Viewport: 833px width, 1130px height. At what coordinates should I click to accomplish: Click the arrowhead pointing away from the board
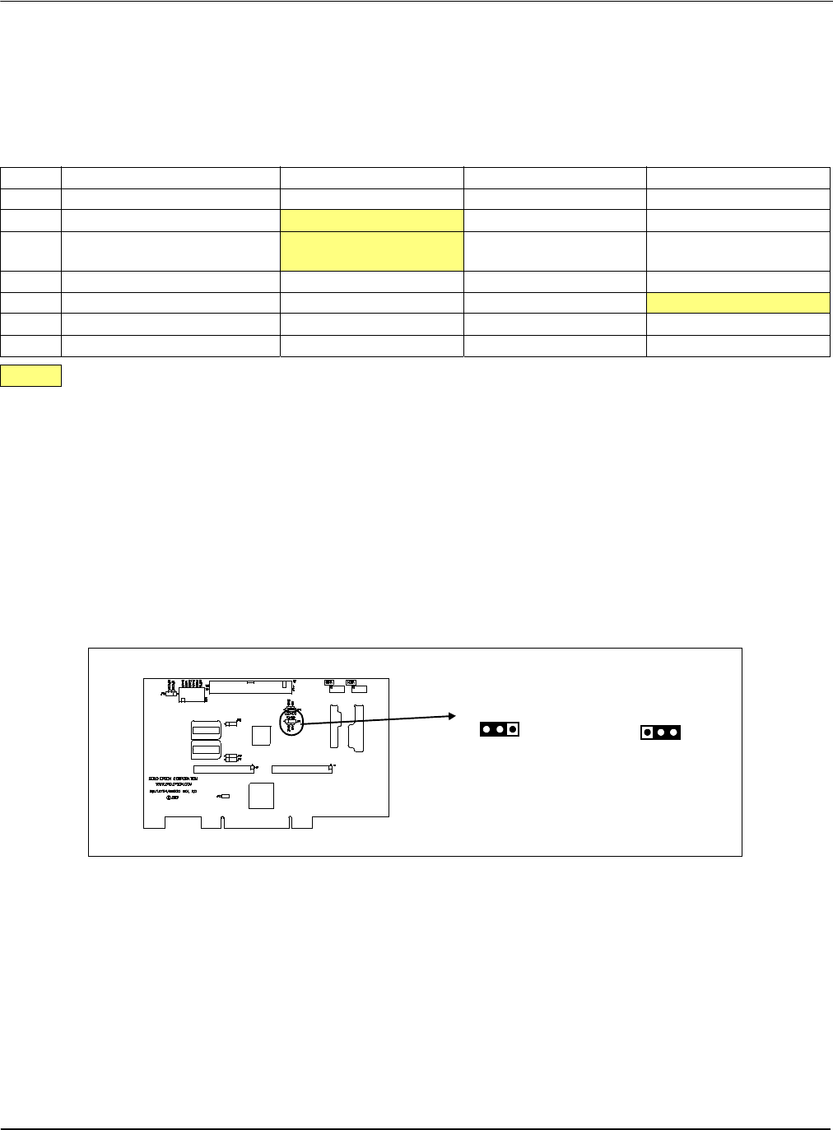(452, 716)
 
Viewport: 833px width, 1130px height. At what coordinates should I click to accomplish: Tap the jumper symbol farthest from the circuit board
(660, 732)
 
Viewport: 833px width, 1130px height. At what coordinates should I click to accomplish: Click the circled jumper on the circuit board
(291, 723)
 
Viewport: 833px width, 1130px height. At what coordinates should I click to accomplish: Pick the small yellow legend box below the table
(31, 375)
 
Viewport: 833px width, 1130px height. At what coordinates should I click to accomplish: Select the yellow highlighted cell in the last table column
(738, 302)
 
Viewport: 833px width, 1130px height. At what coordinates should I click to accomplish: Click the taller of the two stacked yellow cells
(372, 251)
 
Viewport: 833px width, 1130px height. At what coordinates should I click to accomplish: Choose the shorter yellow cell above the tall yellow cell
(372, 220)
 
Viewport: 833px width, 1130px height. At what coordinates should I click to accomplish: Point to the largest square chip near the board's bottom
(261, 795)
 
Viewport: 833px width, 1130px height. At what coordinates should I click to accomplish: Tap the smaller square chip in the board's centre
(261, 736)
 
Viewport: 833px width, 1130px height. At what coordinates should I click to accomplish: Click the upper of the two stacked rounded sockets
(206, 730)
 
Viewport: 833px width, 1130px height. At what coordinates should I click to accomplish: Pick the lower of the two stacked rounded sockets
(206, 752)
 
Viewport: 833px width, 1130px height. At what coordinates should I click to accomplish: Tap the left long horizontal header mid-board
(223, 770)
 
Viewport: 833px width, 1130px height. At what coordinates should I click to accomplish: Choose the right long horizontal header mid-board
(302, 770)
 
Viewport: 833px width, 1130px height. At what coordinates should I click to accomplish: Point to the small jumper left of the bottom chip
(225, 797)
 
